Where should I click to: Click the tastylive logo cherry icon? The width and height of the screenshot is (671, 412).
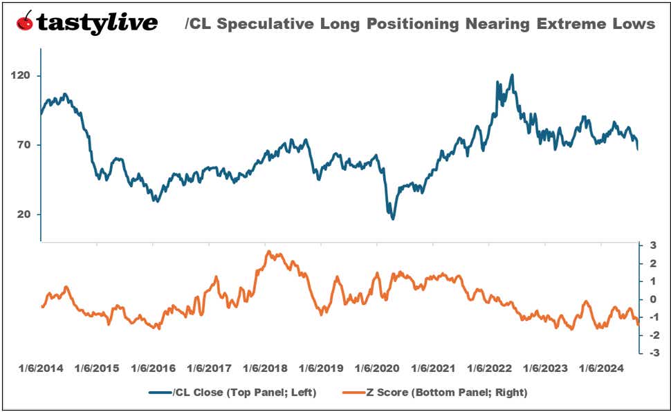[26, 23]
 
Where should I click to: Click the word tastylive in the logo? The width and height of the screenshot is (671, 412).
[97, 24]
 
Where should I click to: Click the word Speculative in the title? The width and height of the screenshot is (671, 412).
[267, 24]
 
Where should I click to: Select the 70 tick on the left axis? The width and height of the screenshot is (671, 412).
[26, 145]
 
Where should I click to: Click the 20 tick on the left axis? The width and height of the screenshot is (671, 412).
[26, 215]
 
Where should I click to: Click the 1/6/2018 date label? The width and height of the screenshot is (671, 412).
[265, 368]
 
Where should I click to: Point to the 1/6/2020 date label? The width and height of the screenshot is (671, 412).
[377, 368]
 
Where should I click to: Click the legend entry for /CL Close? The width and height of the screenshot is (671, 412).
[232, 392]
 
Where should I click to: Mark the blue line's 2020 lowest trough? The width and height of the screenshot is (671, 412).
[393, 218]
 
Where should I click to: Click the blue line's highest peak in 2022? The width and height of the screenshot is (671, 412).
[512, 75]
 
